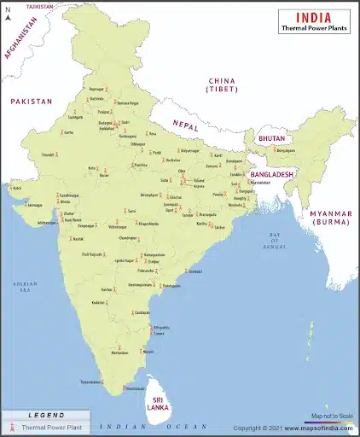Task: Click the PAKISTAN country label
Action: [32, 101]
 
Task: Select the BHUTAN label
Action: [271, 138]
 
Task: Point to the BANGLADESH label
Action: [271, 174]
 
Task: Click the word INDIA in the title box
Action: [313, 16]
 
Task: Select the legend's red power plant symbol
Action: [13, 427]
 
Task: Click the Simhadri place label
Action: [195, 271]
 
